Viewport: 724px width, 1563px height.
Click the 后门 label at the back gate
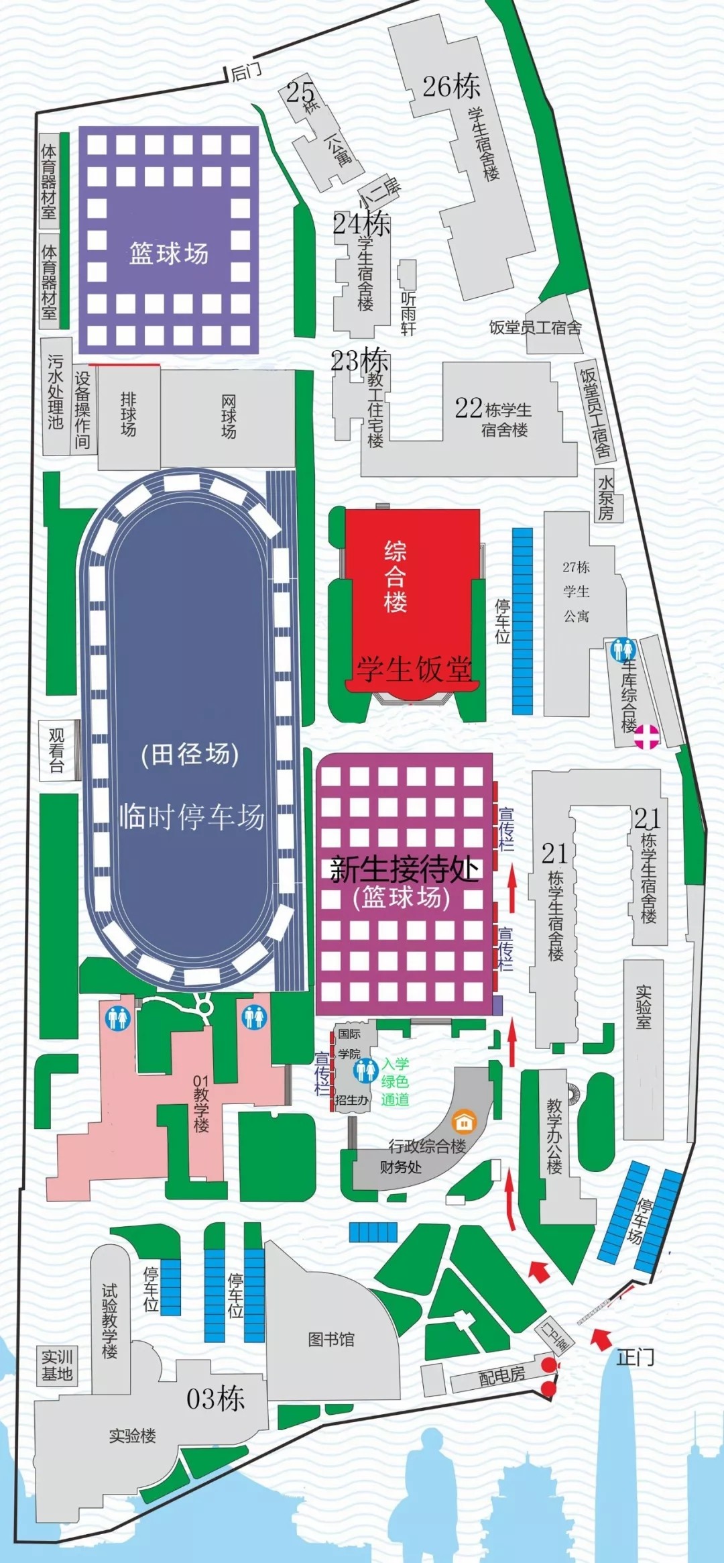pyautogui.click(x=246, y=71)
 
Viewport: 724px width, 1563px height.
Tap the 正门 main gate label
pyautogui.click(x=635, y=1357)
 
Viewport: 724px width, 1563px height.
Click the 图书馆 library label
pyautogui.click(x=330, y=1339)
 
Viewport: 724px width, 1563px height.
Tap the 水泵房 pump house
pyautogui.click(x=606, y=497)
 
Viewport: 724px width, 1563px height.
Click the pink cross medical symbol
pyautogui.click(x=647, y=736)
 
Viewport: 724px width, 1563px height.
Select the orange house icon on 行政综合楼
pyautogui.click(x=463, y=1121)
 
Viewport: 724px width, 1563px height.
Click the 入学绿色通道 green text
pyautogui.click(x=395, y=1081)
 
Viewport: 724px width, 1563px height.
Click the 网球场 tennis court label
pyautogui.click(x=229, y=417)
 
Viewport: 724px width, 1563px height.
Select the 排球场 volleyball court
pyautogui.click(x=128, y=415)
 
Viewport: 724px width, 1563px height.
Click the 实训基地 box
pyautogui.click(x=57, y=1365)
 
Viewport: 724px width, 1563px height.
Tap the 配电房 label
pyautogui.click(x=501, y=1376)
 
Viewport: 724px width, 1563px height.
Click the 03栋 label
pyautogui.click(x=215, y=1398)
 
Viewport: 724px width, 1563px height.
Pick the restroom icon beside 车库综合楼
pyautogui.click(x=623, y=649)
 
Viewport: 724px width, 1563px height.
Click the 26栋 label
pyautogui.click(x=451, y=86)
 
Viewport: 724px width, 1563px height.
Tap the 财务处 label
pyautogui.click(x=400, y=1167)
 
